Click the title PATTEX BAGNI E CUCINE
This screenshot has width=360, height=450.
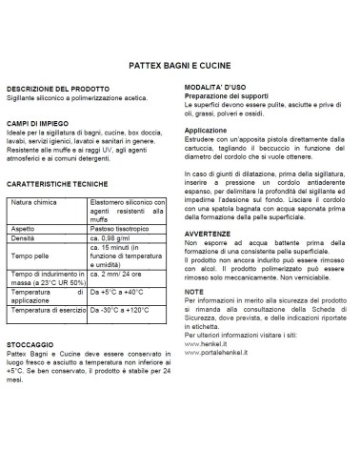coord(179,68)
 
